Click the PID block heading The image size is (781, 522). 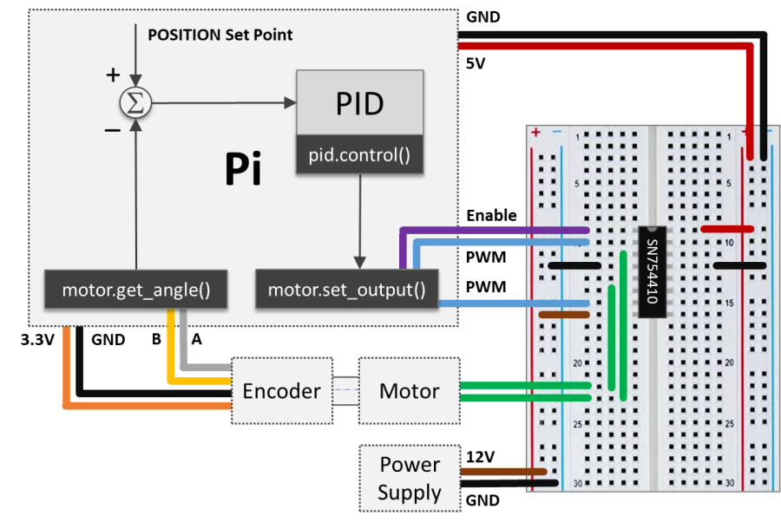[359, 104]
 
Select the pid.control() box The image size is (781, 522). [359, 156]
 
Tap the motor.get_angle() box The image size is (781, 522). [136, 289]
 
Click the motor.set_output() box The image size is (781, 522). [346, 289]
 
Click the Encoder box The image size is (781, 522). [281, 391]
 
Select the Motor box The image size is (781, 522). [409, 391]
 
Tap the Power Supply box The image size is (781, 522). [409, 479]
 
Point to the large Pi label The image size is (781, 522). [243, 171]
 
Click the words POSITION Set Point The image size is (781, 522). [220, 35]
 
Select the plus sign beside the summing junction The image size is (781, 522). [112, 75]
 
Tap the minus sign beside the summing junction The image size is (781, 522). [112, 130]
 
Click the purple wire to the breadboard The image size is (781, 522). [495, 230]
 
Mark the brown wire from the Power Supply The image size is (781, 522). [503, 472]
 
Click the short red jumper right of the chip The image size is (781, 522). [726, 230]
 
